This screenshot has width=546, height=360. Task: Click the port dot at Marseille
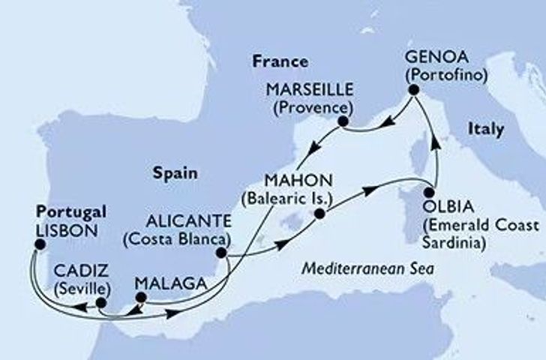pos(343,121)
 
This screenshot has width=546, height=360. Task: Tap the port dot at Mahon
pos(319,214)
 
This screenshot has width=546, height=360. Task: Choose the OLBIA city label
pos(439,205)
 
